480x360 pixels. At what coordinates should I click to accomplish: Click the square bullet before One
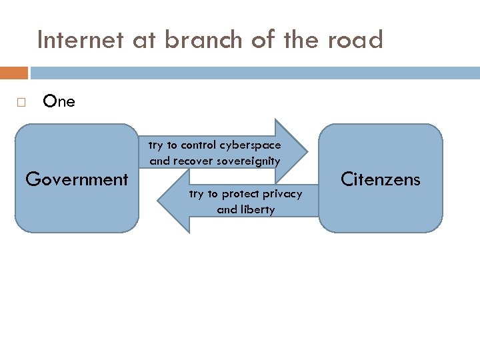21,103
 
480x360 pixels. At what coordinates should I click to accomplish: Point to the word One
59,102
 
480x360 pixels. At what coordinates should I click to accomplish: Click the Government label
77,179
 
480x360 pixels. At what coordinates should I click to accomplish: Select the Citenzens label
381,179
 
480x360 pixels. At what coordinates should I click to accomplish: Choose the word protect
241,193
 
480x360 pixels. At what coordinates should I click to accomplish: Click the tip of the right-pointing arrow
307,152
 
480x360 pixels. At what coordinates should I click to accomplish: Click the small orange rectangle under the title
14,73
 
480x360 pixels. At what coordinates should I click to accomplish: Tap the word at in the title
143,41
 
